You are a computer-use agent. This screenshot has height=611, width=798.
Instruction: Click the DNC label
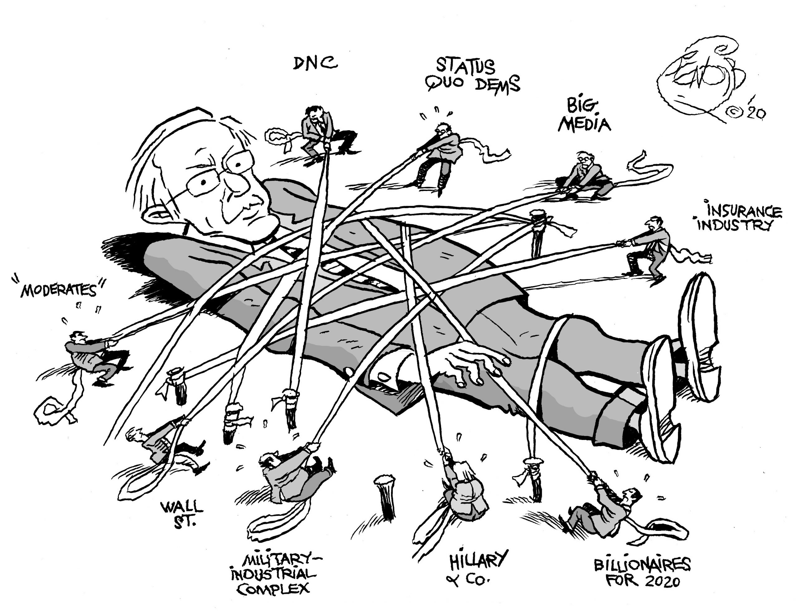[315, 64]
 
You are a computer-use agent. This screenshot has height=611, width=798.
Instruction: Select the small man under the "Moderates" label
[93, 356]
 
